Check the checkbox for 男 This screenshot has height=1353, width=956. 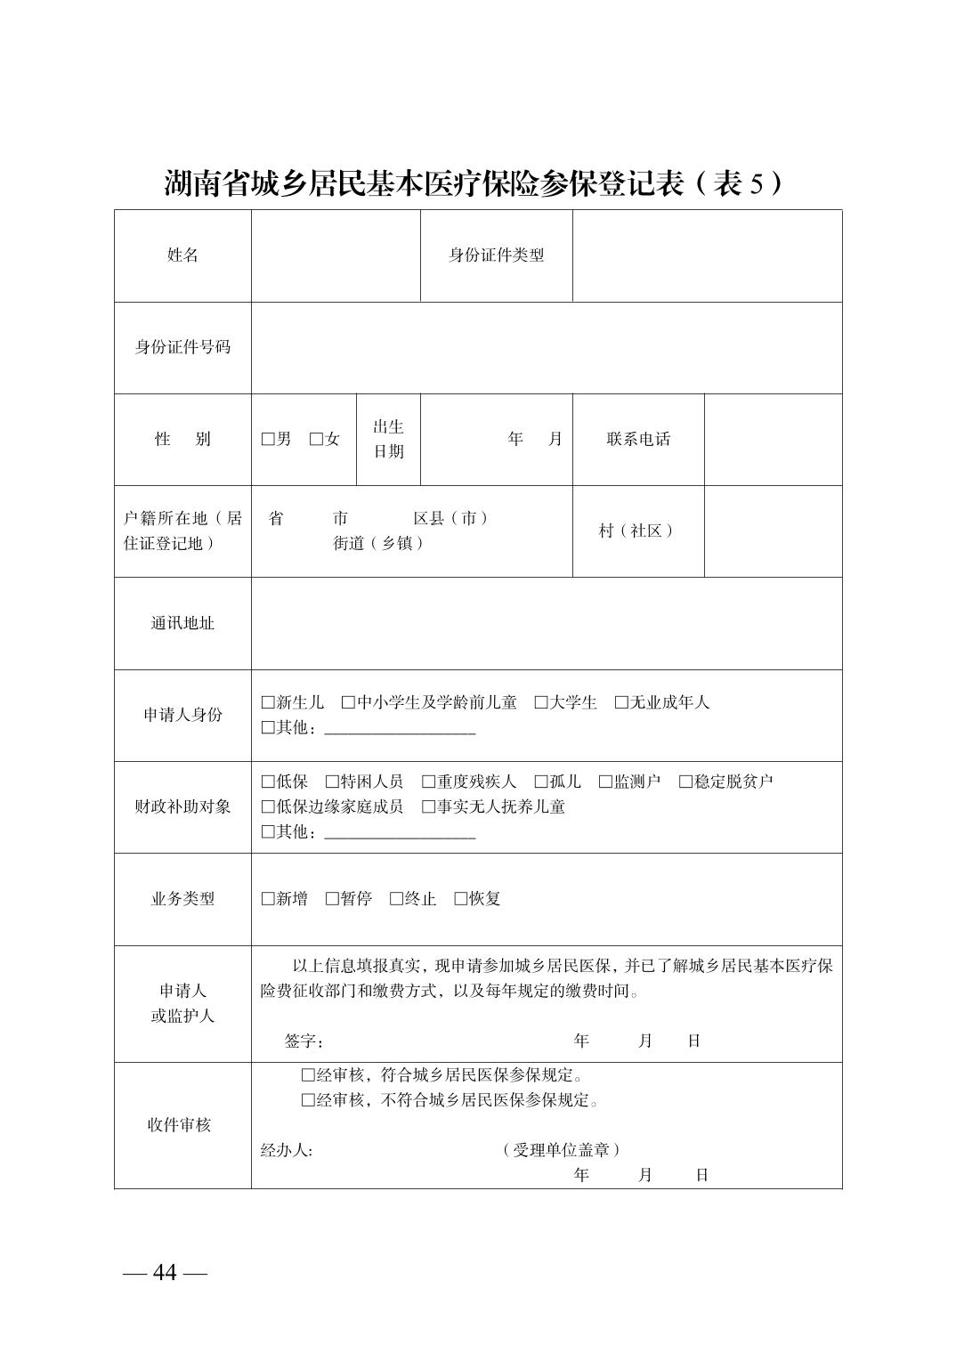click(x=267, y=440)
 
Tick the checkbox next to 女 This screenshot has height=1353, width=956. click(x=315, y=440)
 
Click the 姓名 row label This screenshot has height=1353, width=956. click(x=182, y=255)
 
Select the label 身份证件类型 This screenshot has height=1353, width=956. click(x=496, y=255)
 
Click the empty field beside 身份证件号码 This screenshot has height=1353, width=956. click(x=546, y=347)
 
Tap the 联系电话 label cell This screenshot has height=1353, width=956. click(x=638, y=440)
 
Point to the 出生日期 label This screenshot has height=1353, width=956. click(x=388, y=440)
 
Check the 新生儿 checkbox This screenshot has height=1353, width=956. click(x=267, y=703)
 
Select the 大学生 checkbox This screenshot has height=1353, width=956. click(x=540, y=703)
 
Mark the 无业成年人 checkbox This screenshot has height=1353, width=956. click(x=620, y=703)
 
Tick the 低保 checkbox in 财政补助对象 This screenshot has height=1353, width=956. click(x=267, y=782)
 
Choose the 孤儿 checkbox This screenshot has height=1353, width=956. click(x=540, y=782)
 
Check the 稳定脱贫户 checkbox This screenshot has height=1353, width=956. click(x=685, y=782)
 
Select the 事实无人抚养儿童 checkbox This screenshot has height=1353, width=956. click(x=427, y=807)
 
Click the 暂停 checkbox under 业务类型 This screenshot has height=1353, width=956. click(x=331, y=899)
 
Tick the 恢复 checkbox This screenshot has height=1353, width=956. click(x=460, y=899)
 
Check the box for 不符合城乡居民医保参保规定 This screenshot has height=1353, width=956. click(x=308, y=1100)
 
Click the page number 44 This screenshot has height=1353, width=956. click(x=165, y=1273)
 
